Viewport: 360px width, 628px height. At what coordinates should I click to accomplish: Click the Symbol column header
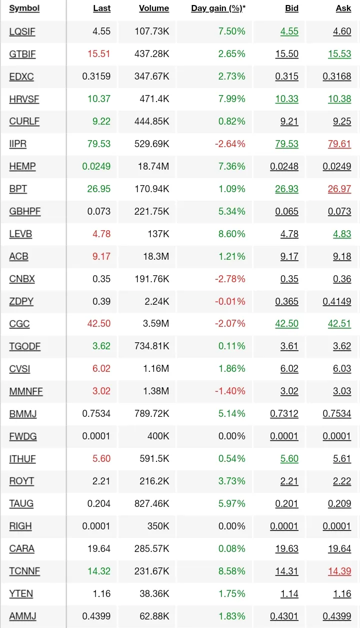pos(24,9)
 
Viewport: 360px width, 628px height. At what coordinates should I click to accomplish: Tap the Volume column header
pos(154,9)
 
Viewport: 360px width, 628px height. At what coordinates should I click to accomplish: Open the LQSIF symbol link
pos(22,32)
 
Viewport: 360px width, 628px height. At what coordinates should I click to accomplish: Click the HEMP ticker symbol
pos(22,166)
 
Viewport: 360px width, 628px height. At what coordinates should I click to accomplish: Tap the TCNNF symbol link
pos(24,571)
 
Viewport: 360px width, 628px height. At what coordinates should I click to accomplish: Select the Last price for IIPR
pos(98,144)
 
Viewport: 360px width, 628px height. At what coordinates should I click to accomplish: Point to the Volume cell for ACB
pos(155,256)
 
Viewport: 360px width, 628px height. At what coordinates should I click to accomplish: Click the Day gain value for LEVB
pos(231,234)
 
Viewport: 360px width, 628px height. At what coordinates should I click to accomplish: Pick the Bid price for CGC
pos(286,324)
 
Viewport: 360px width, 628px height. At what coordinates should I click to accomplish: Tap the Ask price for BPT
pos(339,189)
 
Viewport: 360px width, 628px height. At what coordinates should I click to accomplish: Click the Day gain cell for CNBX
pos(230,279)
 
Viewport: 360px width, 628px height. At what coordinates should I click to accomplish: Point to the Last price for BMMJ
pos(96,414)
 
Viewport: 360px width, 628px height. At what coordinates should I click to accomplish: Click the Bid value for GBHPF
pos(286,211)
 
